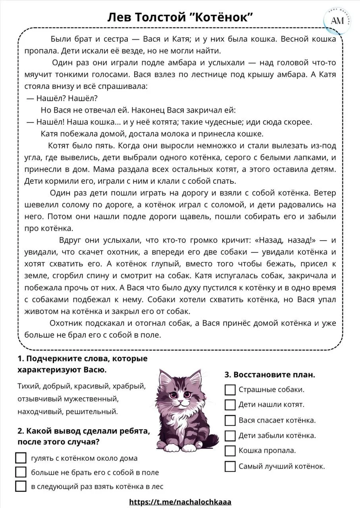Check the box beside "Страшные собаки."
point(230,390)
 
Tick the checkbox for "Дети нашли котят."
point(230,405)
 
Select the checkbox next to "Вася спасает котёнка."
point(230,420)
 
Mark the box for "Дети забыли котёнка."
point(230,436)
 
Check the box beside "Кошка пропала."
point(230,451)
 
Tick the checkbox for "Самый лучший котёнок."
point(230,466)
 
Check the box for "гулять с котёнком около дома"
point(21,458)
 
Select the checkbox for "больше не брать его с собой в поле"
point(21,472)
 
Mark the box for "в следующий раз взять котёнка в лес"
point(21,486)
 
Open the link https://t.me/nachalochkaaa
point(180,502)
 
